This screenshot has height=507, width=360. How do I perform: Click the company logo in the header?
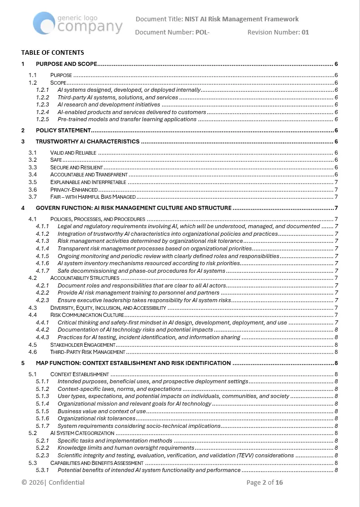click(78, 23)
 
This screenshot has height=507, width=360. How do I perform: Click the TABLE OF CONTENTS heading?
click(53, 52)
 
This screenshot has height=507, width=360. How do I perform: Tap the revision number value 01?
click(305, 32)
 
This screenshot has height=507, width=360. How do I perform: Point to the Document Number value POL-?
click(202, 32)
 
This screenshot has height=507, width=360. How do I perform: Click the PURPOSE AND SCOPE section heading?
click(66, 64)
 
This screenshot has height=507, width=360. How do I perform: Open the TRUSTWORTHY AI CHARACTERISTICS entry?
click(87, 141)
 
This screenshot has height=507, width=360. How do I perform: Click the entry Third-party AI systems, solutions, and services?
click(118, 97)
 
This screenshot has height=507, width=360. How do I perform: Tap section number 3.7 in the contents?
click(32, 197)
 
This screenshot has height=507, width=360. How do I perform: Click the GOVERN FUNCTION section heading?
click(134, 208)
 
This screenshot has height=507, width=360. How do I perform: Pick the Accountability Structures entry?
click(85, 278)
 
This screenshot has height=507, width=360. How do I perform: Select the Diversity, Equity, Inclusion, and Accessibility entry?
click(108, 308)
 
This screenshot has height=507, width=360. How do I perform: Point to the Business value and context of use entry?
click(101, 411)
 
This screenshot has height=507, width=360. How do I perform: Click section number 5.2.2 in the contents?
click(43, 448)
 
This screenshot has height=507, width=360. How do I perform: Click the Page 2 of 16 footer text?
click(265, 483)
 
